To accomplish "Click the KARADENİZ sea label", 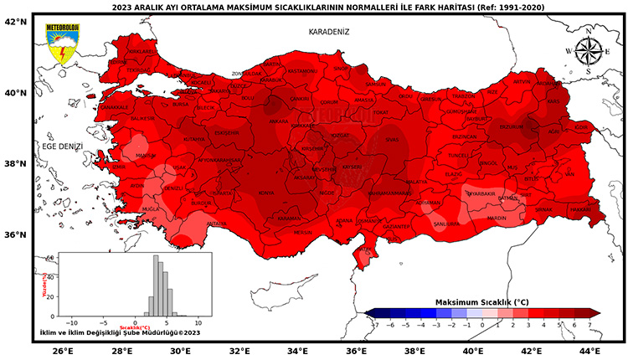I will click(x=328, y=32).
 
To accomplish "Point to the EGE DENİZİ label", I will click(x=63, y=147).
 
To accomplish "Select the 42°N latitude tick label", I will click(x=17, y=23).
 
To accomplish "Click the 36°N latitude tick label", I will click(x=17, y=234).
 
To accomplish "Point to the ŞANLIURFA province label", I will click(x=446, y=224).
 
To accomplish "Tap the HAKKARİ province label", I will click(x=579, y=209).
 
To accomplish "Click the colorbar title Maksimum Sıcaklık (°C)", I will click(x=481, y=301).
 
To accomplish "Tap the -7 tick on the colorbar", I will click(x=367, y=322).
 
